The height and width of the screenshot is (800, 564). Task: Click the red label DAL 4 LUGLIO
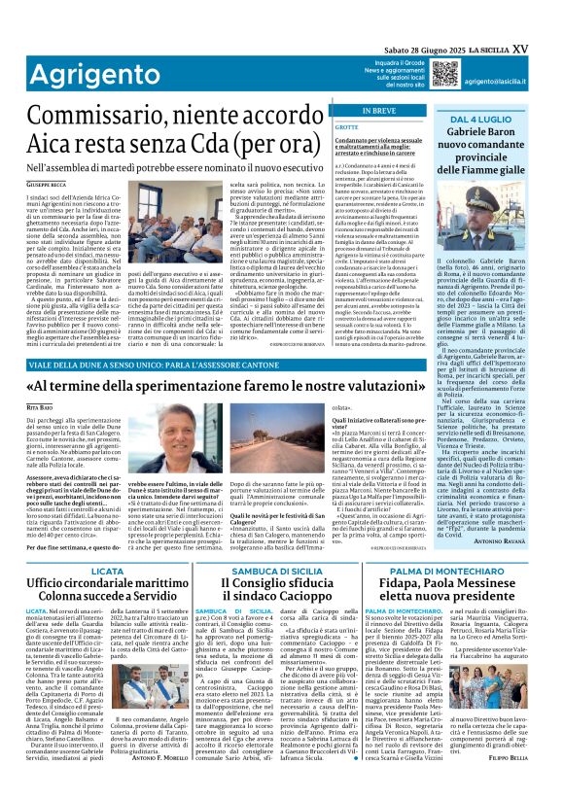(x=489, y=119)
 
